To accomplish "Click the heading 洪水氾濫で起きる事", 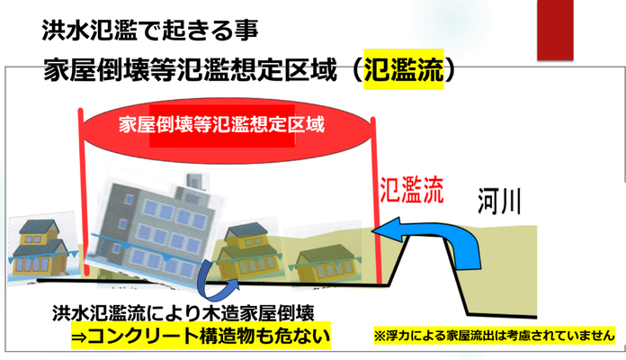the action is point(149,31).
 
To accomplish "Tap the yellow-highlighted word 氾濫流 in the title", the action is point(404,69).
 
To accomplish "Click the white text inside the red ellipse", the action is point(221,125).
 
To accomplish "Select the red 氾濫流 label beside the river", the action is point(412,190).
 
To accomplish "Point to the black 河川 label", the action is point(499,202).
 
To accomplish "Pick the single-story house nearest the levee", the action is point(326,261).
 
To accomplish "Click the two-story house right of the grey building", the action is point(246,249).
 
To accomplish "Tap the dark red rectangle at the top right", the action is point(555,30).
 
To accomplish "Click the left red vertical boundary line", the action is point(84,193).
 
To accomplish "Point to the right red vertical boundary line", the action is point(376,200).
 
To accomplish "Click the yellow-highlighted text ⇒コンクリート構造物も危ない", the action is point(201,335).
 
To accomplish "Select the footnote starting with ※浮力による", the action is point(495,335).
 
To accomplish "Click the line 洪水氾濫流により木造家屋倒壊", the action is point(183,313).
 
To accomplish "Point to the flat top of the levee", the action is point(426,237).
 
